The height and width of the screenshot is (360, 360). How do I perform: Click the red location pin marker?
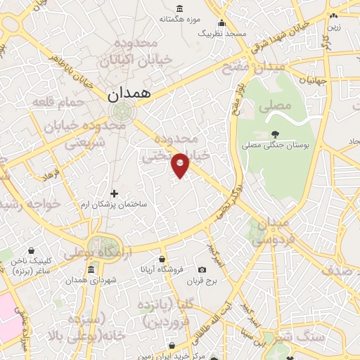pyautogui.click(x=181, y=165)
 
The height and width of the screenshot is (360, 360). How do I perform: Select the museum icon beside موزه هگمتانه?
pyautogui.click(x=179, y=9)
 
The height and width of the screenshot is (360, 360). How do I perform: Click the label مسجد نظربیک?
pyautogui.click(x=221, y=33)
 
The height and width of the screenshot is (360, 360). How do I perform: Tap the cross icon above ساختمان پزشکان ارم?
pyautogui.click(x=115, y=193)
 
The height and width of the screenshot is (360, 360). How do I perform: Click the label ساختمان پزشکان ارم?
pyautogui.click(x=115, y=204)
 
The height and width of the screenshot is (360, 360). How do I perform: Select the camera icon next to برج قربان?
pyautogui.click(x=202, y=270)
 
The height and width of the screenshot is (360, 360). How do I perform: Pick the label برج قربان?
pyautogui.click(x=202, y=281)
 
